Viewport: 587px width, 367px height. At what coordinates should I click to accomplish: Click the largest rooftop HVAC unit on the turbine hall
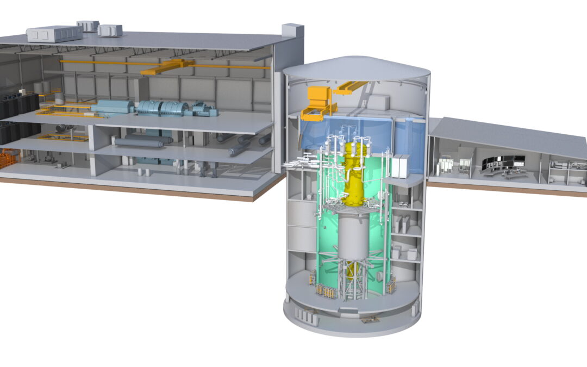pos(54,34)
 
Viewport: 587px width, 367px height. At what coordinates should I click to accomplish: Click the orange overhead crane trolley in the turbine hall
pos(166,67)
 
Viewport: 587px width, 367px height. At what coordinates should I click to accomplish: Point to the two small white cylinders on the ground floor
pos(142,171)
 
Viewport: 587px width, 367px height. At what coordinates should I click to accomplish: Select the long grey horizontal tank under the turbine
pos(139,142)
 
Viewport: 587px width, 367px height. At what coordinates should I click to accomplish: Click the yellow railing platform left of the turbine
pos(60,111)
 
